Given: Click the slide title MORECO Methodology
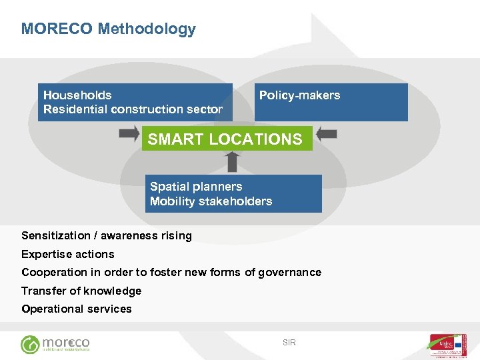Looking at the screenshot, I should click(109, 29).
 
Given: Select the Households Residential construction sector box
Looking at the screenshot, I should click(135, 102).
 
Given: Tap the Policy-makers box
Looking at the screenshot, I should click(331, 102).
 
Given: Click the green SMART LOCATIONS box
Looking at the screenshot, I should click(227, 139).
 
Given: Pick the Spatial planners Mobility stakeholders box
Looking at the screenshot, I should click(233, 194).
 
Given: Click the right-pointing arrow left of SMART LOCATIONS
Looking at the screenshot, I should click(129, 134).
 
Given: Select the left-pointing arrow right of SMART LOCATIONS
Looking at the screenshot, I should click(326, 134).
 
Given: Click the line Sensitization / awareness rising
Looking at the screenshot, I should click(107, 235).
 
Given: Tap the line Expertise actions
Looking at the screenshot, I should click(68, 254).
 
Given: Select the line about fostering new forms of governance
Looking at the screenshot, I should click(171, 272).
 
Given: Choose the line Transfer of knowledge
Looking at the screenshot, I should click(81, 291).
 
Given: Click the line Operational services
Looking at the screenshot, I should click(77, 309).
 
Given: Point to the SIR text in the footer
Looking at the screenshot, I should click(289, 343).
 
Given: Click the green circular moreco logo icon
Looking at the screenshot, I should click(30, 345).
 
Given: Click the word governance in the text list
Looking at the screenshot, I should click(291, 272).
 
